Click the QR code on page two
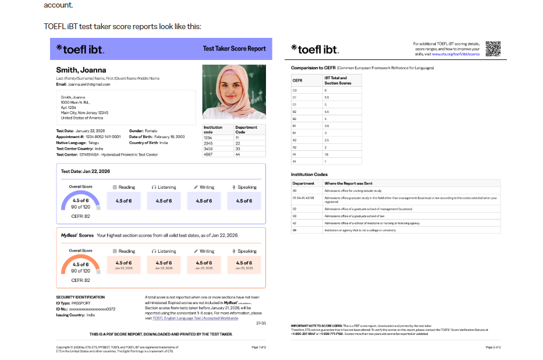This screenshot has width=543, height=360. tap(494, 48)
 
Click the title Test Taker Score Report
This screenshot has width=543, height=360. tap(234, 49)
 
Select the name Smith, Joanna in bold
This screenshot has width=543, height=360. tap(81, 70)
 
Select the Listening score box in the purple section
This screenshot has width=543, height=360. tap(164, 201)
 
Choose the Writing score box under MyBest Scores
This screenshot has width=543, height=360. tap(204, 264)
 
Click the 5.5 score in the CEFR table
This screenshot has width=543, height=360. tap(326, 97)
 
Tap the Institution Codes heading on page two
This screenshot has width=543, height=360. tap(310, 174)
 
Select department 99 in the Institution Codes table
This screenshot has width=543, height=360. tap(294, 230)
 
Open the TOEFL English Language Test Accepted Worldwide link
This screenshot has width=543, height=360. tap(195, 318)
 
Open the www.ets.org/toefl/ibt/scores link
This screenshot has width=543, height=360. tap(460, 54)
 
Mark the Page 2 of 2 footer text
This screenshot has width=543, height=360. tap(493, 347)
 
